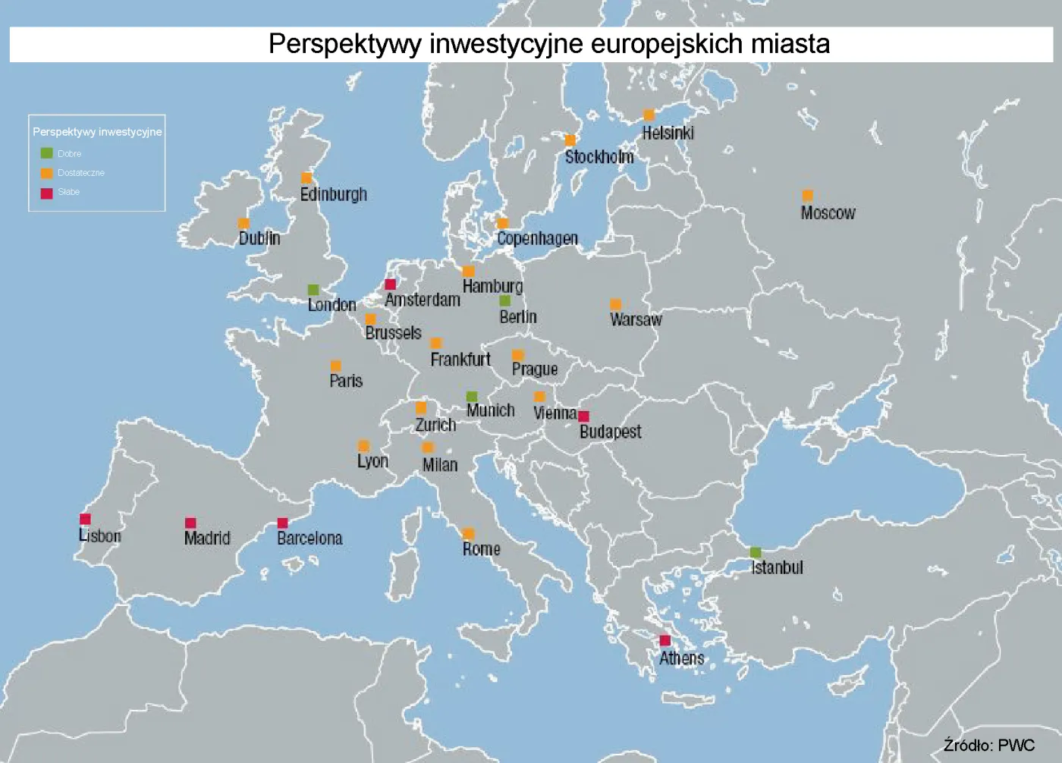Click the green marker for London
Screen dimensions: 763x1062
pyautogui.click(x=313, y=290)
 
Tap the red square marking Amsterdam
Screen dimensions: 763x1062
pyautogui.click(x=390, y=284)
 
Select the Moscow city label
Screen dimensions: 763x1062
pyautogui.click(x=828, y=213)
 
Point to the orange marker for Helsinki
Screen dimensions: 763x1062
pyautogui.click(x=649, y=115)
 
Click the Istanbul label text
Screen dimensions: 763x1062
pyautogui.click(x=777, y=567)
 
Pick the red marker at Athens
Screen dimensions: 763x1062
pyautogui.click(x=665, y=641)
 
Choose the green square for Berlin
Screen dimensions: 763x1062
pyautogui.click(x=505, y=301)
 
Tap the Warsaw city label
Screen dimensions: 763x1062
pyautogui.click(x=636, y=319)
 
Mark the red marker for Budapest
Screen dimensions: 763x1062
pyautogui.click(x=583, y=416)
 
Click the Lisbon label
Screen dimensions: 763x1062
pyautogui.click(x=100, y=536)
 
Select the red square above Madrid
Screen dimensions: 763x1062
pyautogui.click(x=190, y=523)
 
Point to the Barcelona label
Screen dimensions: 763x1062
pyautogui.click(x=309, y=538)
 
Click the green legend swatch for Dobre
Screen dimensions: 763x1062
pyautogui.click(x=46, y=153)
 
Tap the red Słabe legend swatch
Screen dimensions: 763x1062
pyautogui.click(x=46, y=193)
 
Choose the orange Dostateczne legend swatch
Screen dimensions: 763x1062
pyautogui.click(x=46, y=173)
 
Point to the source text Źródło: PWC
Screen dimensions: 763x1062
pyautogui.click(x=988, y=745)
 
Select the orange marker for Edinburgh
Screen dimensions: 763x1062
pyautogui.click(x=306, y=178)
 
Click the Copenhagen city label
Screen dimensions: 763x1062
pyautogui.click(x=537, y=238)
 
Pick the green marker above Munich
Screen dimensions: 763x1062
pyautogui.click(x=472, y=397)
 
